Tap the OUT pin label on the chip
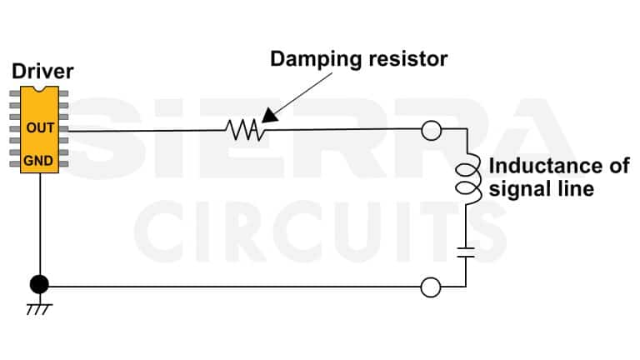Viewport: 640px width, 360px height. (x=39, y=128)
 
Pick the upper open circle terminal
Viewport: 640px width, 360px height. (x=431, y=130)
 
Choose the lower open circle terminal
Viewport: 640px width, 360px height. (x=431, y=287)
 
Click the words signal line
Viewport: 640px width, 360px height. (x=542, y=189)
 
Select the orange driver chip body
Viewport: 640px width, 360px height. (x=39, y=117)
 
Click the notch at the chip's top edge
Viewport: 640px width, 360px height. (x=39, y=88)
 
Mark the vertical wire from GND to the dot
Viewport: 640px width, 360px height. (x=39, y=225)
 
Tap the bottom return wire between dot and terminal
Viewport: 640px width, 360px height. (x=233, y=287)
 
